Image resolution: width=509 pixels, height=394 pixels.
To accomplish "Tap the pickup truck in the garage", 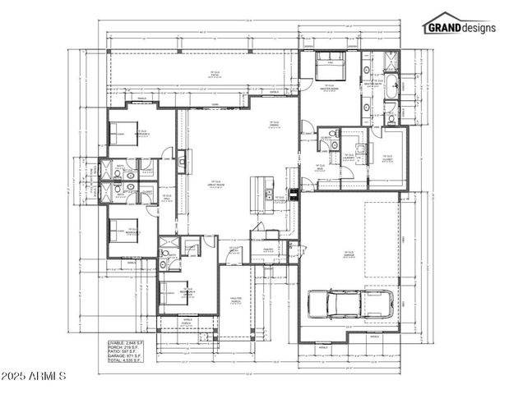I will click(349, 304).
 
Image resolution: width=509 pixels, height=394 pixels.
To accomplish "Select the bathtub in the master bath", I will click(404, 85).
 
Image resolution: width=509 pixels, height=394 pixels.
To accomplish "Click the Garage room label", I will click(349, 254).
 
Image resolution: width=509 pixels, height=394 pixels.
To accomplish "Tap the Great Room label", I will click(215, 184).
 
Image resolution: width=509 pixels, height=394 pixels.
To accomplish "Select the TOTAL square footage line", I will click(124, 360).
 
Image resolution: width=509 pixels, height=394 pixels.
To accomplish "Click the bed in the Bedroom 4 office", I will click(175, 290).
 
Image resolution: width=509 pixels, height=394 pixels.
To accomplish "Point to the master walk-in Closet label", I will click(387, 158).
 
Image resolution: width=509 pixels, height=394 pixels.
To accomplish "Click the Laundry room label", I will click(349, 155).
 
